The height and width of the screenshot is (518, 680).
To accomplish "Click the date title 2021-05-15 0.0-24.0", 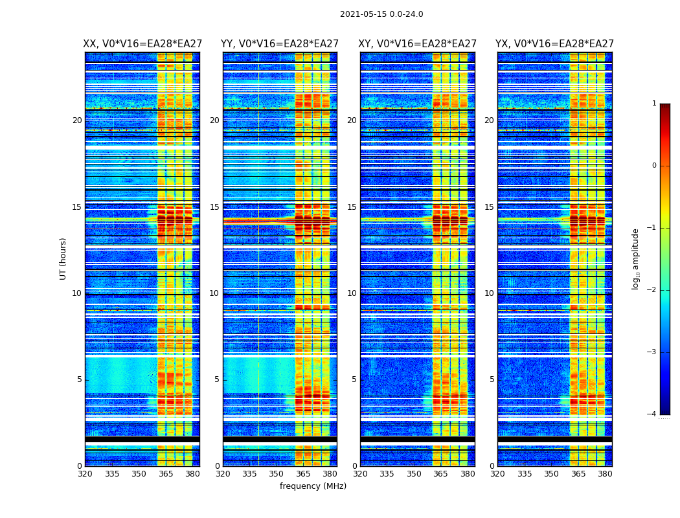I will (381, 14).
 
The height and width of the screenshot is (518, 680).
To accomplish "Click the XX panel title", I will (142, 44).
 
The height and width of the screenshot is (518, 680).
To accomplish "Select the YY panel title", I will (280, 44).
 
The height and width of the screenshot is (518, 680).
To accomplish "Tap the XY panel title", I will (418, 44).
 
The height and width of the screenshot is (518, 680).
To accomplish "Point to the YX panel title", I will (554, 44).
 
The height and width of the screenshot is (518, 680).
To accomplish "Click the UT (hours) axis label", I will (63, 258).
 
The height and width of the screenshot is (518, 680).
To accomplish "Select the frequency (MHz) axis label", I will (313, 486).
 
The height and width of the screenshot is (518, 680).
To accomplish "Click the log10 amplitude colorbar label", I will (636, 258).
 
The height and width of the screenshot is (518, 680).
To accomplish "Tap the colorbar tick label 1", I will (654, 104).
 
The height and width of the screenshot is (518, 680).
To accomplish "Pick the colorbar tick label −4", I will (652, 414).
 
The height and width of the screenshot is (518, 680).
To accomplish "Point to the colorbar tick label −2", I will (652, 290).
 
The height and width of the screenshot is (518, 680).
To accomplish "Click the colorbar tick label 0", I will (654, 166).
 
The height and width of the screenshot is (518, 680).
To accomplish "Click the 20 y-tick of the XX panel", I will (77, 120).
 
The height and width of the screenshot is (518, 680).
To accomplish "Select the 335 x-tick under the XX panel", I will (112, 474).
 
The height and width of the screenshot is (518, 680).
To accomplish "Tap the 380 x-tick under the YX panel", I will (605, 474).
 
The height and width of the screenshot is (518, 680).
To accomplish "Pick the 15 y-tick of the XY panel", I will (352, 207).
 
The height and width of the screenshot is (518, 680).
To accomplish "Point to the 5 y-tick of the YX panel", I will (492, 379).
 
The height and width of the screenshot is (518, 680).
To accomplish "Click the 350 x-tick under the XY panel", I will (414, 474).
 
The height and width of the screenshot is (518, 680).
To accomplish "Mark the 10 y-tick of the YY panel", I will (214, 293).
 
